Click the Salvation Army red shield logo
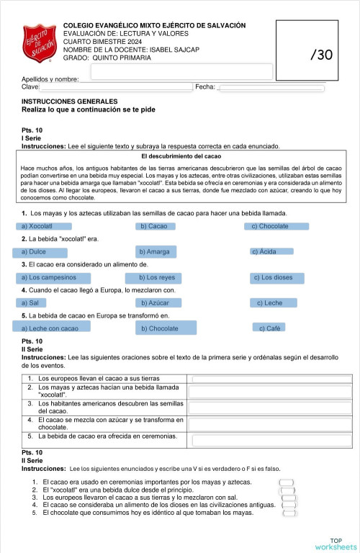coord(40,45)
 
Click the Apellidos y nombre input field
coord(181,72)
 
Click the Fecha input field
coord(271,88)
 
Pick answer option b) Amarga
coord(166,252)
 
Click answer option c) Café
coord(271,328)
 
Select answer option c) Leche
coord(271,303)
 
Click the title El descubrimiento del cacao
coord(181,156)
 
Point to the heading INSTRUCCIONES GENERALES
coord(69,102)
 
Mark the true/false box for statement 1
coord(287,482)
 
